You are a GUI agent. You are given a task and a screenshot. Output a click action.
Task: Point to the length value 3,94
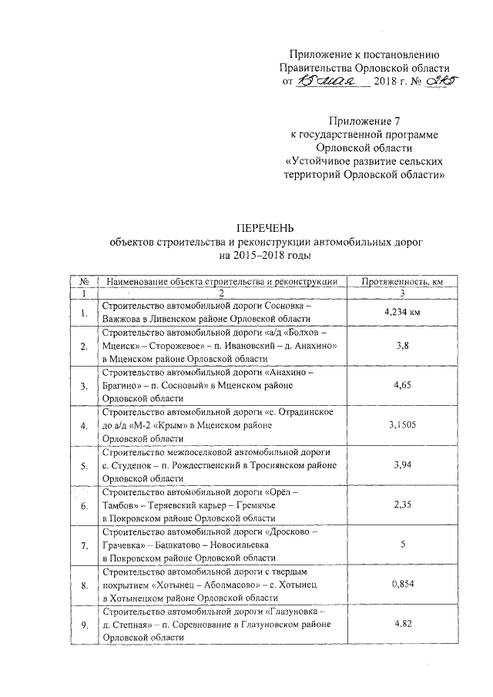pyautogui.click(x=400, y=465)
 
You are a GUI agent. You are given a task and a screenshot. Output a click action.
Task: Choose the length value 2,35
pyautogui.click(x=400, y=505)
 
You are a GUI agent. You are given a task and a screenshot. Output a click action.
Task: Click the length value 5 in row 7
pyautogui.click(x=401, y=545)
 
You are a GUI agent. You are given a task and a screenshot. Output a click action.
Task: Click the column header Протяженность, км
pyautogui.click(x=400, y=282)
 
